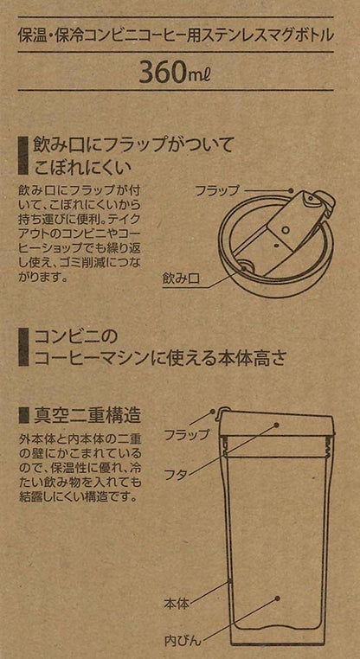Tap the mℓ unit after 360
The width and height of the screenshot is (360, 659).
(x=196, y=74)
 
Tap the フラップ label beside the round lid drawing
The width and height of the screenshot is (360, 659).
(x=217, y=191)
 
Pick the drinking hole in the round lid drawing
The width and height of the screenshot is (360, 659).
(x=247, y=266)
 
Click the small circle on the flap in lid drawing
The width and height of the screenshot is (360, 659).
(x=286, y=229)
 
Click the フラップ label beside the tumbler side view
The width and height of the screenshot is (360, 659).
(x=186, y=434)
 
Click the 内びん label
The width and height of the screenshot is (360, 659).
(x=183, y=640)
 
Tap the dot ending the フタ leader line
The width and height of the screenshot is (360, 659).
(x=277, y=425)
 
